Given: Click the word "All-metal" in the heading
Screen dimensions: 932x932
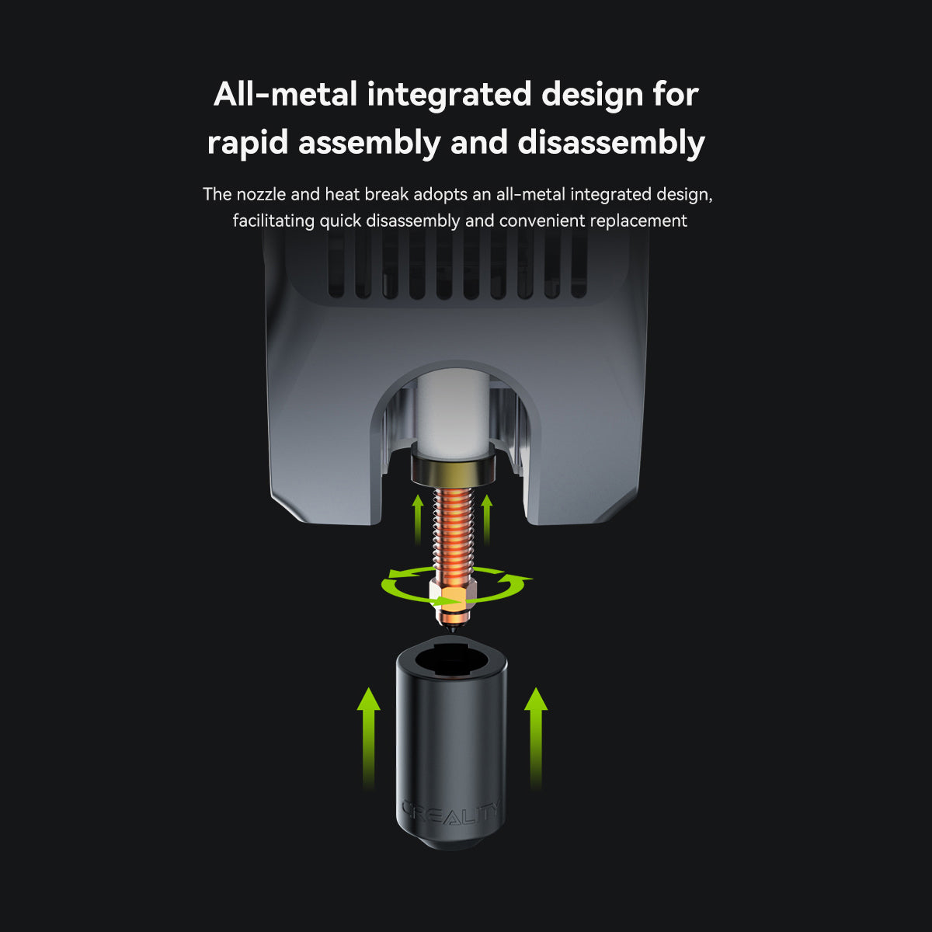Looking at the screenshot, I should click(285, 95).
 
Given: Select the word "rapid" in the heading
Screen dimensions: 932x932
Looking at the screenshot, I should click(247, 143).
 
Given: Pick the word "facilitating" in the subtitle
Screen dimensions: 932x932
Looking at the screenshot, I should click(273, 221).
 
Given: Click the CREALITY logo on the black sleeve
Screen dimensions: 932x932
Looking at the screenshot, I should click(450, 812).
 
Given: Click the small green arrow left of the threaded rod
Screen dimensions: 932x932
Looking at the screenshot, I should click(418, 516).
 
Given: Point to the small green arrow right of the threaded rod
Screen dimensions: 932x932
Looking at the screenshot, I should click(487, 516).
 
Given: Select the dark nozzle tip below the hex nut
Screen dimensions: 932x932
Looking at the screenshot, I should click(450, 617).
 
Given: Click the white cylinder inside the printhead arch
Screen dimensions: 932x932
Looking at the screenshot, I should click(453, 412).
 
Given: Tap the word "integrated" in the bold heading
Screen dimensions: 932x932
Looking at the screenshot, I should click(447, 95).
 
